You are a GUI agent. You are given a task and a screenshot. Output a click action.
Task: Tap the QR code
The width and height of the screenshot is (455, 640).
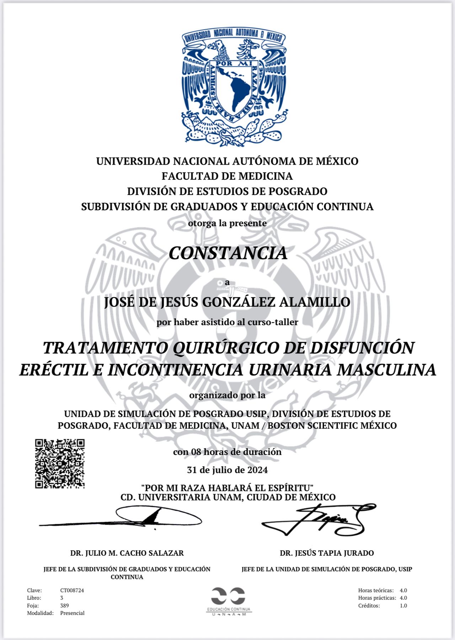pos(60,464)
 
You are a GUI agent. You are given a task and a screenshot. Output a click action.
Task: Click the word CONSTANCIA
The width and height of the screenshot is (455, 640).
pos(227,253)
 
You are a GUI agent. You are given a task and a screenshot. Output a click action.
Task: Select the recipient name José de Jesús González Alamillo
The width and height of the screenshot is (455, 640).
pos(227,302)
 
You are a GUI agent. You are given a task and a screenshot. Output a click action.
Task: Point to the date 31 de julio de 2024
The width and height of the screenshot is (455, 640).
pos(227,470)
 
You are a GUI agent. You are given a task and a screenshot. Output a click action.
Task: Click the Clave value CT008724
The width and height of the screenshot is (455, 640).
pos(72,590)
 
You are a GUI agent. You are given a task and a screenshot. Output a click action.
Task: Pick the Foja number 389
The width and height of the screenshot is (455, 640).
pos(64,605)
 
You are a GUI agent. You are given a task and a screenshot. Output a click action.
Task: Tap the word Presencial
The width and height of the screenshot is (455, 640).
pos(72,613)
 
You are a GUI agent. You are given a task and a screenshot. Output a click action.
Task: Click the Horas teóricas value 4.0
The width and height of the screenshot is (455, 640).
pos(403,590)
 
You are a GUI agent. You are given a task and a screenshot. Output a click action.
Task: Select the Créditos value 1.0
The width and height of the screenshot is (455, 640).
pos(403,605)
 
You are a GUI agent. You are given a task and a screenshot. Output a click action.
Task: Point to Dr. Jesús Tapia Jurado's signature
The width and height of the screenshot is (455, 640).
pos(318,519)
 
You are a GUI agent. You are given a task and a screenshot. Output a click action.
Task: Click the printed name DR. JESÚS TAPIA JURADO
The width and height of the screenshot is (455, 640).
pos(327,553)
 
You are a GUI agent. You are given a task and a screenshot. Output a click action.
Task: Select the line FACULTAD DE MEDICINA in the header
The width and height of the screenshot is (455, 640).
pos(227,176)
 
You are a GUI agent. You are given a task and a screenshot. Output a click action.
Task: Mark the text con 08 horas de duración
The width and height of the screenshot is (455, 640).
pos(227,452)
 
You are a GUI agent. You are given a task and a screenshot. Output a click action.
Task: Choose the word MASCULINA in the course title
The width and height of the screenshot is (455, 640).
pos(386,370)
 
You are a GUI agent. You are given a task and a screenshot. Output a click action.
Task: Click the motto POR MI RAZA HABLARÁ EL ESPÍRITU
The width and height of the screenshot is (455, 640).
pos(227,487)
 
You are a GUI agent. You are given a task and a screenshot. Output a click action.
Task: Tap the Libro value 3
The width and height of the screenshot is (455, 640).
pos(62,598)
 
